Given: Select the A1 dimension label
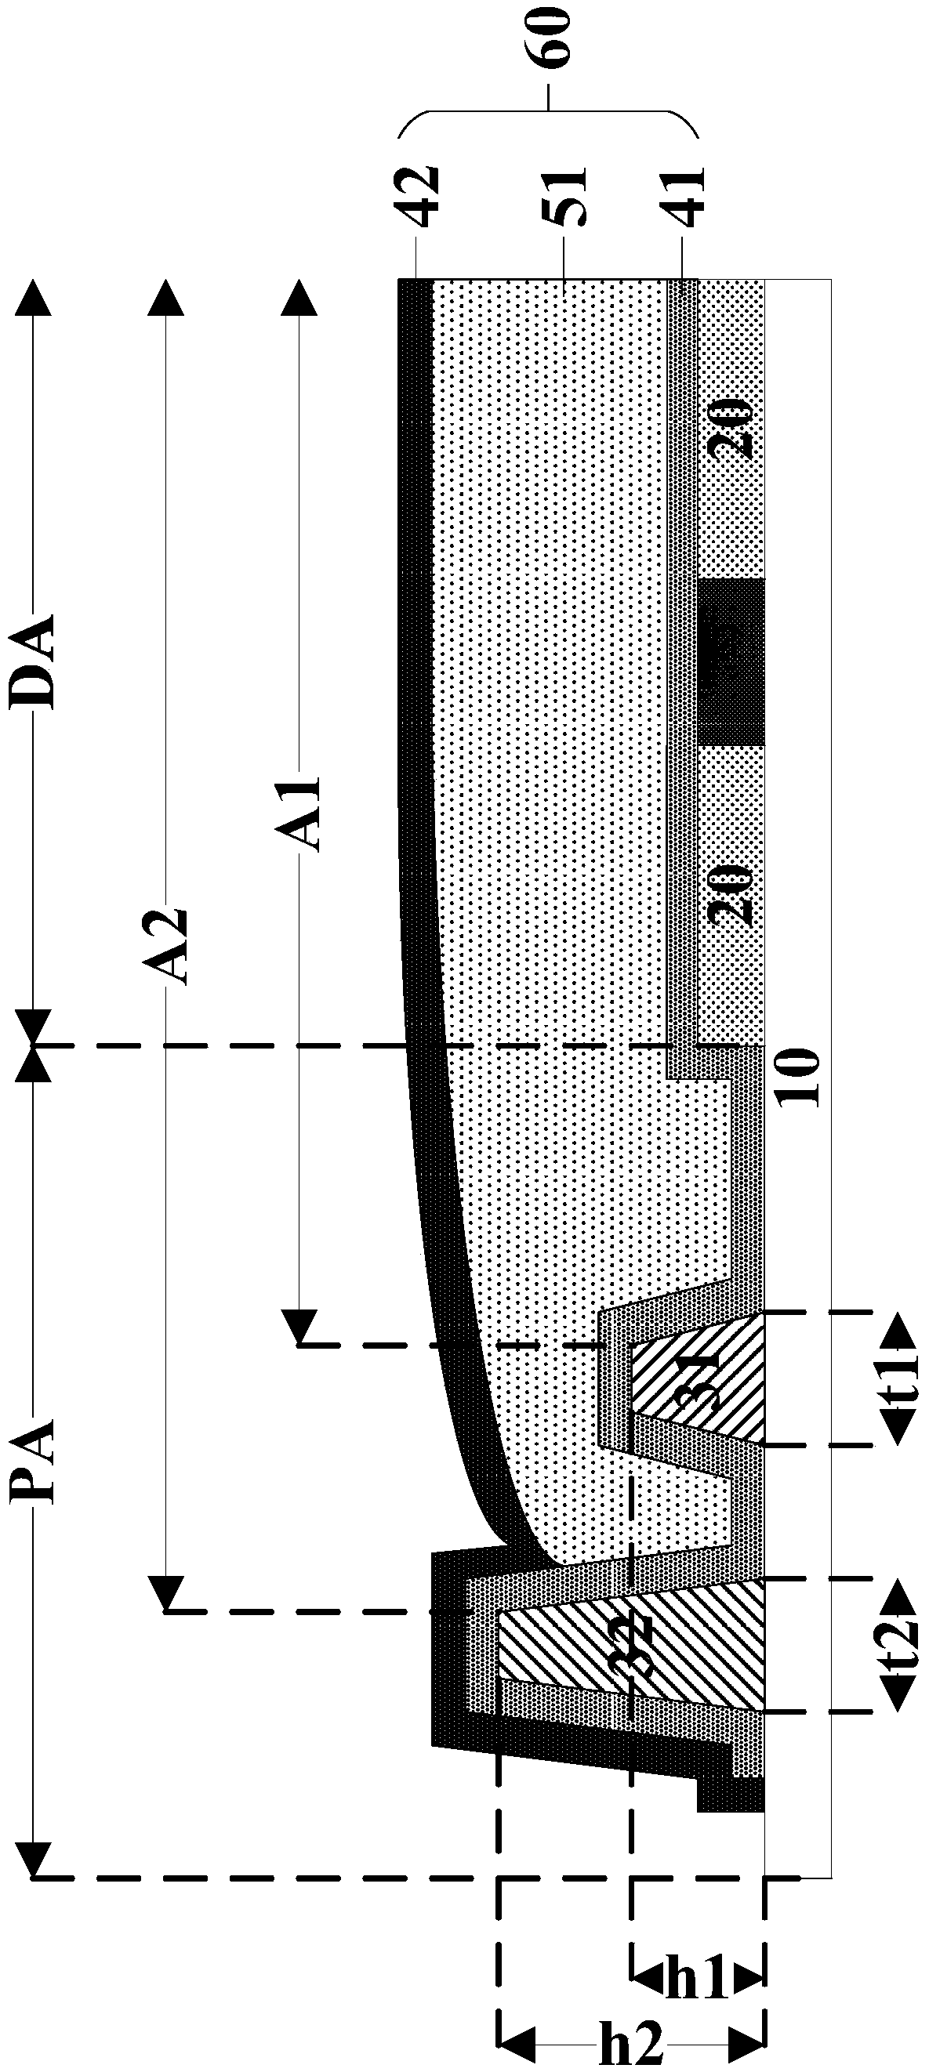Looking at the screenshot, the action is click(304, 813).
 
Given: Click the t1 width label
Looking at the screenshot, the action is click(898, 1380).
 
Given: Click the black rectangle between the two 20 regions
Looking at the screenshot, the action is click(731, 661).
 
